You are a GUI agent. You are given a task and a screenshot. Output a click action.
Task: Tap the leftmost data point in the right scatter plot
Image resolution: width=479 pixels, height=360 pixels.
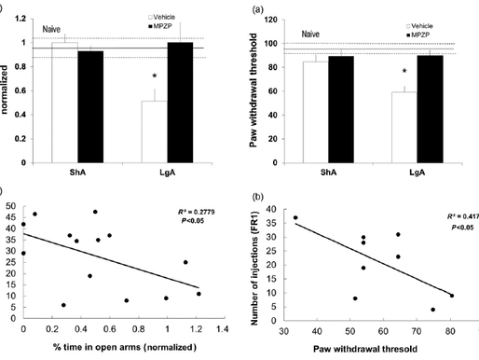pos(295,218)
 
